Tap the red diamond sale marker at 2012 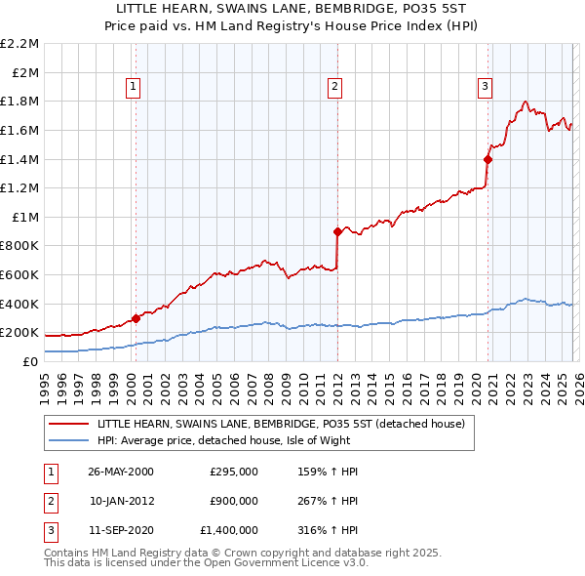coord(337,231)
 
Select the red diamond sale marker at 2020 coord(488,159)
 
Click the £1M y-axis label coord(25,217)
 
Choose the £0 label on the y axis coord(31,361)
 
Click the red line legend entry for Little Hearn coord(282,424)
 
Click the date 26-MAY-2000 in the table coord(121,472)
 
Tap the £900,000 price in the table coord(234,501)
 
